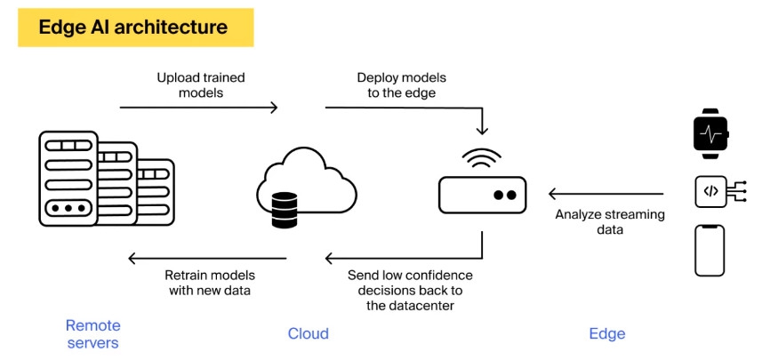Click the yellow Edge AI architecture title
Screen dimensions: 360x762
pos(135,28)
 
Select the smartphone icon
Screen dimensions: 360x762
pos(710,250)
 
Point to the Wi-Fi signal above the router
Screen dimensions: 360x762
pos(481,160)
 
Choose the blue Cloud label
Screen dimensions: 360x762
pos(309,334)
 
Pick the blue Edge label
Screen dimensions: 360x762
pos(607,334)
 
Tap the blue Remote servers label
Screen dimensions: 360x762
pos(92,334)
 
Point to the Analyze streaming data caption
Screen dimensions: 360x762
pos(610,221)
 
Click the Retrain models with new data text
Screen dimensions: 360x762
pos(209,283)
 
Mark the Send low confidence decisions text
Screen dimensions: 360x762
pos(410,291)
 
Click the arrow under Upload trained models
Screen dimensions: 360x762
pos(198,108)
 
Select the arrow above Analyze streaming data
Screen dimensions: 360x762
pos(606,193)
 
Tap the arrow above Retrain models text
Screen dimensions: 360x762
pos(207,259)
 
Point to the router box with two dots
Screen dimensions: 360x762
pos(482,194)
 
